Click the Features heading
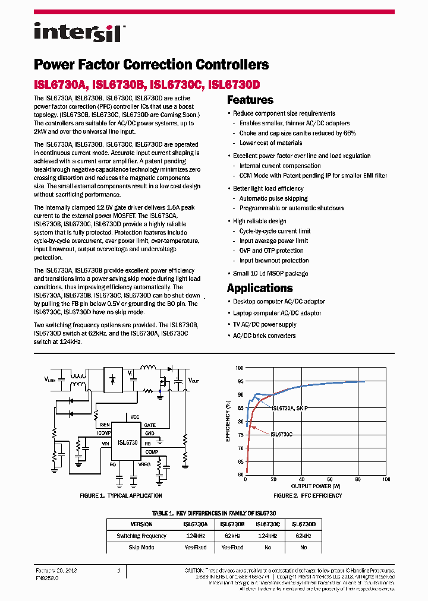coord(250,100)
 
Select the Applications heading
coord(260,288)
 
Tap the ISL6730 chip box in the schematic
coord(127,442)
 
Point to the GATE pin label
coord(150,425)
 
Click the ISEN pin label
coord(105,425)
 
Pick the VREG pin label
coord(145,464)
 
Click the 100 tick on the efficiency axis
coord(240,368)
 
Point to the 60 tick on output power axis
coord(330,479)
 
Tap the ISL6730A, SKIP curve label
coord(289,409)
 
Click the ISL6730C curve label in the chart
coord(282,435)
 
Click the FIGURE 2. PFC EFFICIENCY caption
coord(307,495)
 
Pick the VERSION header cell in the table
coord(141,524)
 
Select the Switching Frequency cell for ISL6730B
coord(232,536)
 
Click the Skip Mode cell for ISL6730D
coord(304,548)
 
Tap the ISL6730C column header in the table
coord(268,524)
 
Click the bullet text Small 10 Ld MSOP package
coord(270,273)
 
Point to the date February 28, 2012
coord(56,571)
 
